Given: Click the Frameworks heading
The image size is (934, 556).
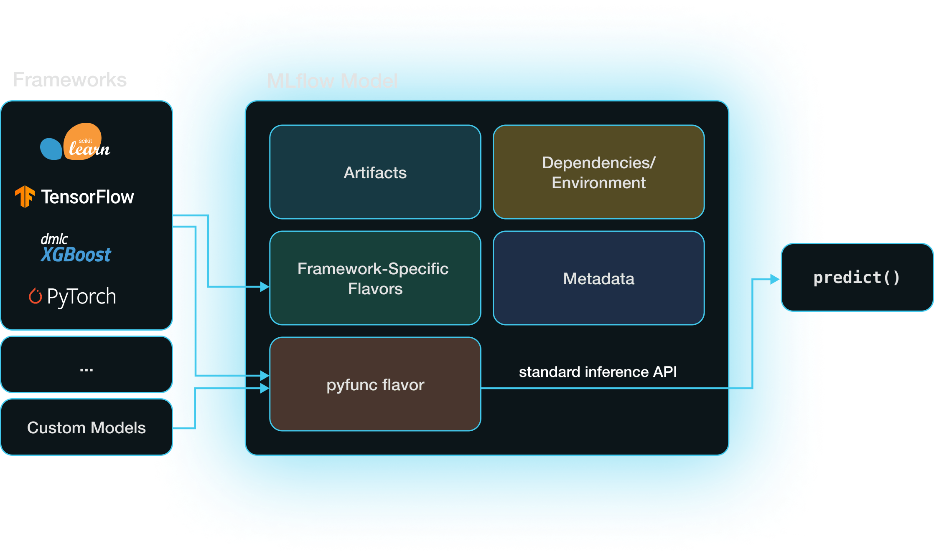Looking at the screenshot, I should (70, 80).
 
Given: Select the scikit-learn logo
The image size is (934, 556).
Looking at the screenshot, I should (76, 142).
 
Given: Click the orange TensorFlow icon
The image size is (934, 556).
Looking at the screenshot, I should (25, 197).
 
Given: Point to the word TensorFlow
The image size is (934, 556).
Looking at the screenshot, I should (87, 197).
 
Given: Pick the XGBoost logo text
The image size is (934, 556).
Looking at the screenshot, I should (76, 255).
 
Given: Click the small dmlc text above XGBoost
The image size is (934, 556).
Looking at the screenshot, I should (54, 239).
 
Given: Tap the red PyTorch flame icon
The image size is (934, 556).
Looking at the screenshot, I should (35, 296).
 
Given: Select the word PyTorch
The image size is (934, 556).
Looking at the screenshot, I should (81, 296).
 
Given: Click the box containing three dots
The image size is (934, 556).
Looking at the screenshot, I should (87, 364).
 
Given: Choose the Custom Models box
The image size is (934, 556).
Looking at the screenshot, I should (87, 427).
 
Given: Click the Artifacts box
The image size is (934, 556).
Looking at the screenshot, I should (375, 172).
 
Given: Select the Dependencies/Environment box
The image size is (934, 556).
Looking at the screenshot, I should (598, 172).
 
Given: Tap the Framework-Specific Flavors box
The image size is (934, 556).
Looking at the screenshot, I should (375, 278).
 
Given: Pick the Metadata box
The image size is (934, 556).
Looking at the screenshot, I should (598, 278).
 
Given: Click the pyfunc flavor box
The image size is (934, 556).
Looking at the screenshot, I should (375, 384).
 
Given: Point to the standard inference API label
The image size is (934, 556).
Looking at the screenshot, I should (598, 372).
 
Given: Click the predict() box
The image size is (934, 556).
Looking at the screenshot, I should (857, 278).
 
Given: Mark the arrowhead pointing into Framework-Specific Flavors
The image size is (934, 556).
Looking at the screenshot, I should (264, 287).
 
